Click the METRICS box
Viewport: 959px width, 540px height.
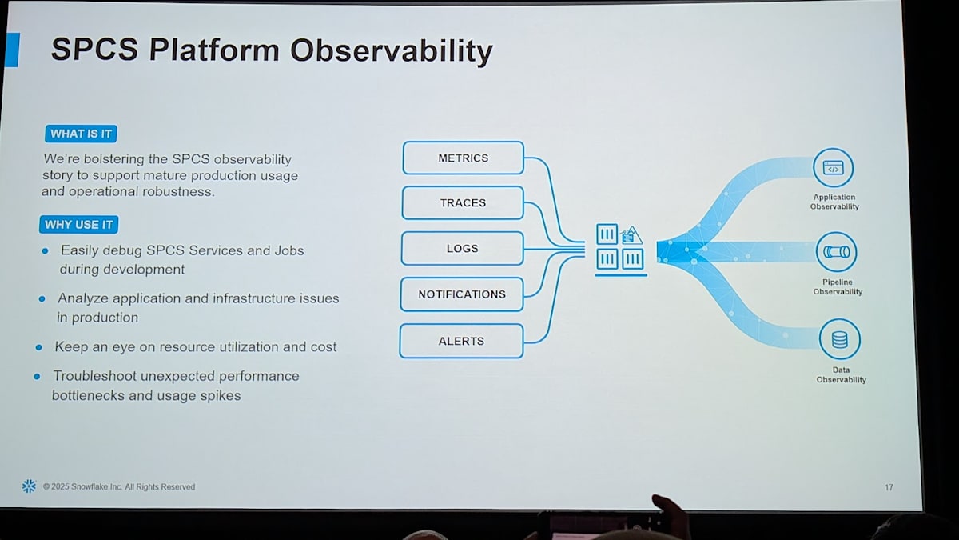click(x=464, y=158)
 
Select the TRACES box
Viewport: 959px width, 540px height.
click(x=463, y=202)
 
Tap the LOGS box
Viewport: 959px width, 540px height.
click(x=463, y=249)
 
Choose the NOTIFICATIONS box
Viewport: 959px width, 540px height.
click(x=462, y=294)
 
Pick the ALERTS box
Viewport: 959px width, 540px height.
click(x=462, y=341)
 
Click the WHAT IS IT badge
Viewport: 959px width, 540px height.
click(x=81, y=134)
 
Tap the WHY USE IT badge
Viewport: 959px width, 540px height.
click(x=79, y=225)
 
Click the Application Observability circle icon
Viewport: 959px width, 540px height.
click(x=833, y=167)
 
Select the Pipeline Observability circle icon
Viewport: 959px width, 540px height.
click(x=836, y=252)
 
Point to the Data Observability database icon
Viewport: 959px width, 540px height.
click(x=840, y=339)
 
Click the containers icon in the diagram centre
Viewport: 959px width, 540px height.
click(x=620, y=250)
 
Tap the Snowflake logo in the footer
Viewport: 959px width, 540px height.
click(x=29, y=486)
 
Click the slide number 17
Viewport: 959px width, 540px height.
click(x=889, y=487)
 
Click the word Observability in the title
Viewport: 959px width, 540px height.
click(x=392, y=51)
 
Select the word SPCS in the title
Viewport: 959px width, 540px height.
click(x=94, y=49)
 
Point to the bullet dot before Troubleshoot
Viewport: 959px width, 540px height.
click(x=38, y=377)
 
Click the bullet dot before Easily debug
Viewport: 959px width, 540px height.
click(x=46, y=250)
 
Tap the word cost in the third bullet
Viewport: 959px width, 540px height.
click(x=324, y=346)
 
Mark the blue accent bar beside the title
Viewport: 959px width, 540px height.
click(x=13, y=50)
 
